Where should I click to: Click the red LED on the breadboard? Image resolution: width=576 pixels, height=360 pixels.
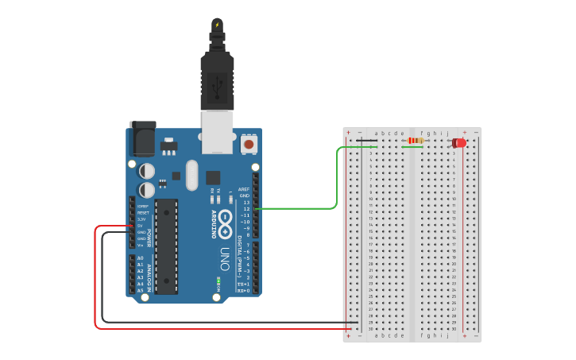459,143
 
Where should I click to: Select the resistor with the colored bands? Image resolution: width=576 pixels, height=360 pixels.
415,141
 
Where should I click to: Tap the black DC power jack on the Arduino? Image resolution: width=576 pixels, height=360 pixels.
142,138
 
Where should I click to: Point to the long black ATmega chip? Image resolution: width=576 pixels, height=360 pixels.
166,246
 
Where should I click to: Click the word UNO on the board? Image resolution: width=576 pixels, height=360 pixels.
224,259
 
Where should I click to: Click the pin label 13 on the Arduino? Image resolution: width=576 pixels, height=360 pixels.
246,203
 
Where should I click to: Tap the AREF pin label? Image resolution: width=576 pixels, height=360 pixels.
244,189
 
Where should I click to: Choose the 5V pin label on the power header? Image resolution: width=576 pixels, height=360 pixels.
140,226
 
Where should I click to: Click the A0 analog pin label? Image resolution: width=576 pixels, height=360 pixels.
140,258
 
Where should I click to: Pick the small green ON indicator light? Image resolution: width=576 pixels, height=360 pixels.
218,280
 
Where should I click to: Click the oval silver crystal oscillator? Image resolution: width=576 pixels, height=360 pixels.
191,176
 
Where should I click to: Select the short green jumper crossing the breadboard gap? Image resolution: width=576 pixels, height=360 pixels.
412,146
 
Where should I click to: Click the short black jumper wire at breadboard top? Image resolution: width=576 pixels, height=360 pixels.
366,141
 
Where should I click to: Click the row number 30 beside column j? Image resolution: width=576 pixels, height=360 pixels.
454,328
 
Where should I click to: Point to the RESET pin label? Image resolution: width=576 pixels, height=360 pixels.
143,213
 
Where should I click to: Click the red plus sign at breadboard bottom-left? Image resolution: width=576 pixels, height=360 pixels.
348,335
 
